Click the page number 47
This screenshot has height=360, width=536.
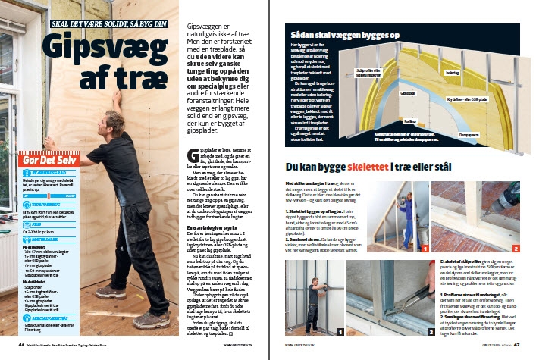click(x=516, y=345)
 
